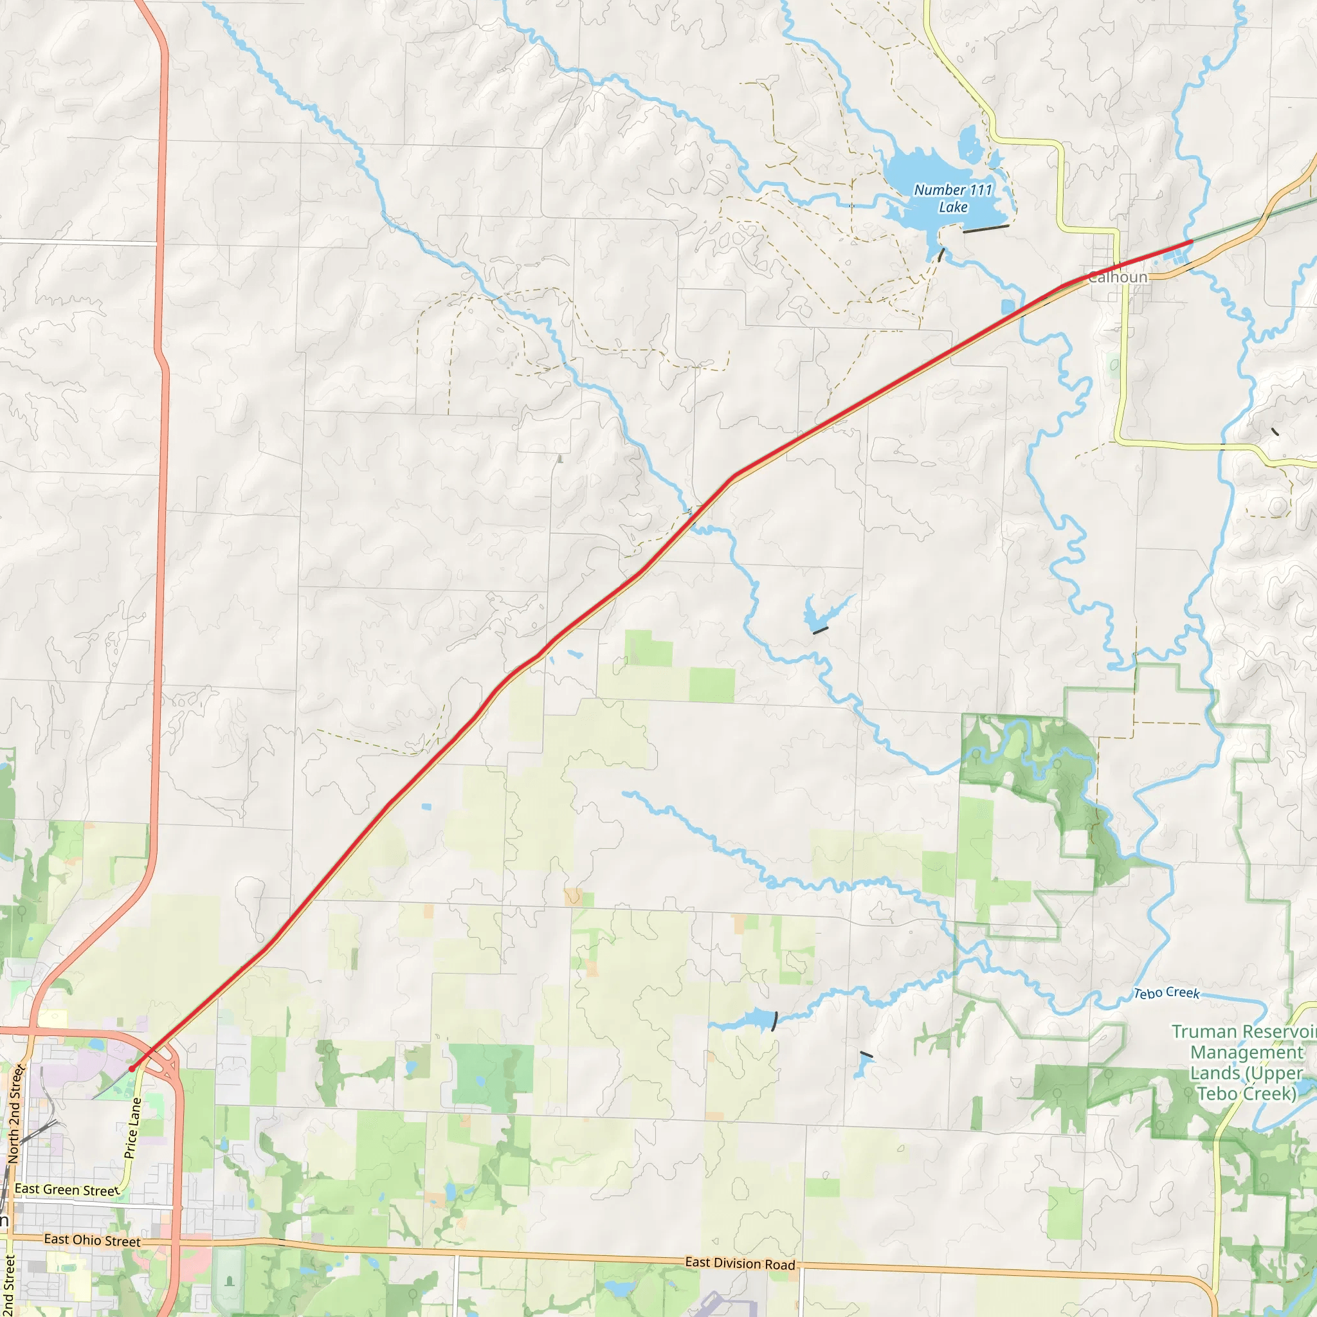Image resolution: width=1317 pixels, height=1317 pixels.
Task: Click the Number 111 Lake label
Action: pyautogui.click(x=952, y=198)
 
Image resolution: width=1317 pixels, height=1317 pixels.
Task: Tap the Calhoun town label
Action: pyautogui.click(x=1117, y=277)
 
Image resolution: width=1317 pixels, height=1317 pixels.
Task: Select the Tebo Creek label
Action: pyautogui.click(x=1166, y=993)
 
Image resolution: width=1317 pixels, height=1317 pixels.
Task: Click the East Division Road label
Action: pyautogui.click(x=740, y=1263)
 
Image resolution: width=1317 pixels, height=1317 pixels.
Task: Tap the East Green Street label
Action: pyautogui.click(x=67, y=1190)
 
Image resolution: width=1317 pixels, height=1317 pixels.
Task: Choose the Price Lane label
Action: pyautogui.click(x=133, y=1128)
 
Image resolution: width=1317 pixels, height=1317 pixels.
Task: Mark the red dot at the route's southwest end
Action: pyautogui.click(x=132, y=1069)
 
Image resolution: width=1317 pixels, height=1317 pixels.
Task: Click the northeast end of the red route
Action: pyautogui.click(x=1191, y=241)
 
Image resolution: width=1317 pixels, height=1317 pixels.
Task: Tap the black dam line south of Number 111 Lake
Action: pyautogui.click(x=986, y=229)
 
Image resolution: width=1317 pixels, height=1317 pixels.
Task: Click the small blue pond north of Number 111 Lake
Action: pyautogui.click(x=968, y=144)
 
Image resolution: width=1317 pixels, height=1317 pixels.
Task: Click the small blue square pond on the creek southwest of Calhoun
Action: pyautogui.click(x=1008, y=307)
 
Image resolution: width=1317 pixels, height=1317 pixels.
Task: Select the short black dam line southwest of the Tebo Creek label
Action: pyautogui.click(x=866, y=1055)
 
